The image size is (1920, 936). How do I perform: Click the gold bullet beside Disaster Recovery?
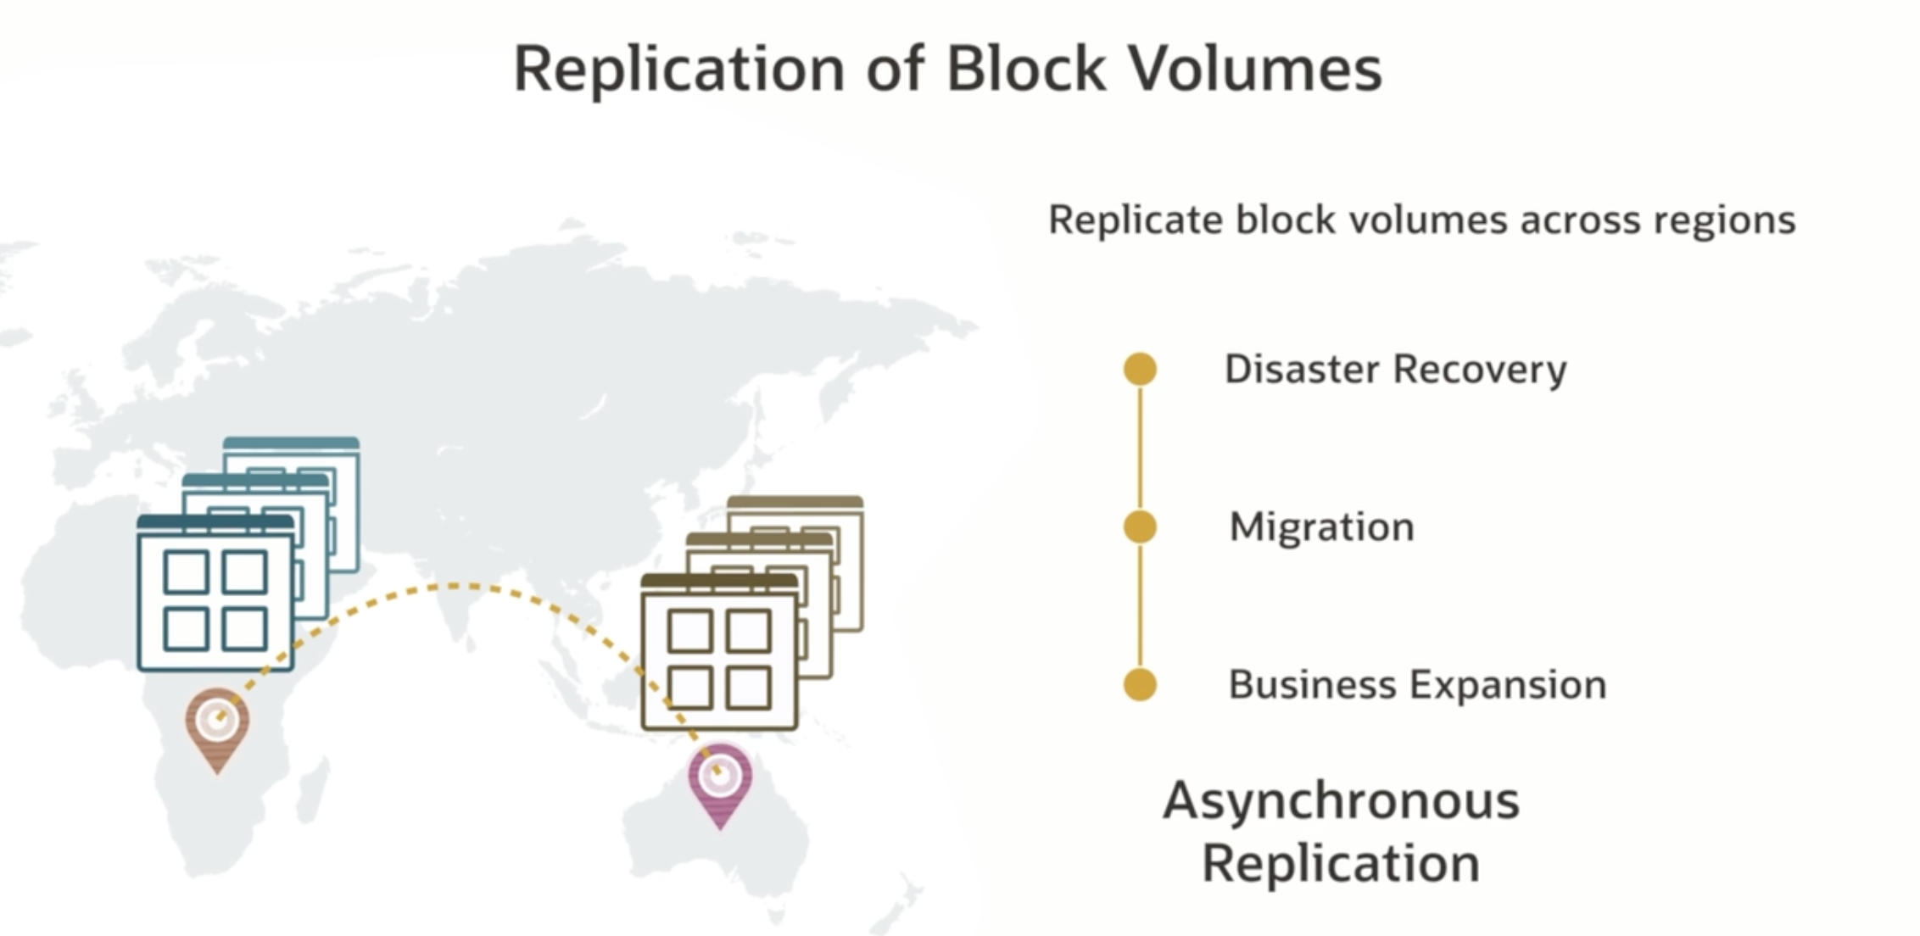[x=1140, y=369]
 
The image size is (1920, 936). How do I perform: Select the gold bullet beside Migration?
[x=1140, y=526]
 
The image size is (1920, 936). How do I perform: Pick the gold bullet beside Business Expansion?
[x=1140, y=684]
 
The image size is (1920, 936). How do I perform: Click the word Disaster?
[x=1302, y=369]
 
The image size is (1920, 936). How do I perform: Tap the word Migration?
[x=1321, y=527]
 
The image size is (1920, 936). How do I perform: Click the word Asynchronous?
[x=1341, y=801]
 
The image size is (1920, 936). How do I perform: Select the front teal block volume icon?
[x=215, y=593]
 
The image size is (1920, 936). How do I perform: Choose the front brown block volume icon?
[x=719, y=653]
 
